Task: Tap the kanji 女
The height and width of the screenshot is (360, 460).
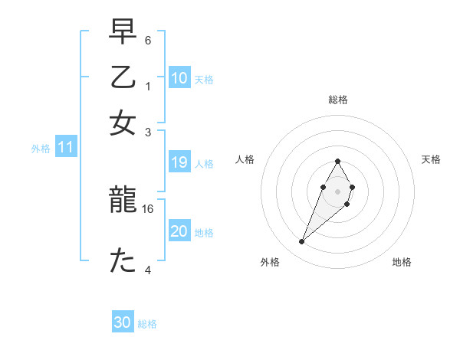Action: click(123, 123)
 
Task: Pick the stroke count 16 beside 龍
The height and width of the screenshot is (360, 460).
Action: click(148, 208)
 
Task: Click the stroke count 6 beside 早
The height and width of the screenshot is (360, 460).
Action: click(148, 40)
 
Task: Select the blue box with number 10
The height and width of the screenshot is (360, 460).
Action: click(179, 77)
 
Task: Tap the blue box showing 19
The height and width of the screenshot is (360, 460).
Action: click(179, 162)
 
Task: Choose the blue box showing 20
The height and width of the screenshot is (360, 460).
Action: click(179, 231)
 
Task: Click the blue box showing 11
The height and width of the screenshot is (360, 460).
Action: click(65, 148)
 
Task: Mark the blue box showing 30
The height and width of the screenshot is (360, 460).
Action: click(122, 322)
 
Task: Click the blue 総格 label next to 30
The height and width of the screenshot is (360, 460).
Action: click(147, 324)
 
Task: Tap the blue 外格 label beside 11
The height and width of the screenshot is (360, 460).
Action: click(40, 149)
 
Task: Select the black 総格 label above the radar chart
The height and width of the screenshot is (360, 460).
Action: click(337, 100)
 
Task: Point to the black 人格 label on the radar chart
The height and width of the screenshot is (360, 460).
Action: click(245, 159)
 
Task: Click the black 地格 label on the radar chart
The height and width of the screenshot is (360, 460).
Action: click(402, 262)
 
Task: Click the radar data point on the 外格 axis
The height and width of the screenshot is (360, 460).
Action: click(302, 242)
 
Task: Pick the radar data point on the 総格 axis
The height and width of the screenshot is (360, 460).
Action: click(337, 161)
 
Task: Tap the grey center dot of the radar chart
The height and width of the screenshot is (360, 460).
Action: click(337, 190)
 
